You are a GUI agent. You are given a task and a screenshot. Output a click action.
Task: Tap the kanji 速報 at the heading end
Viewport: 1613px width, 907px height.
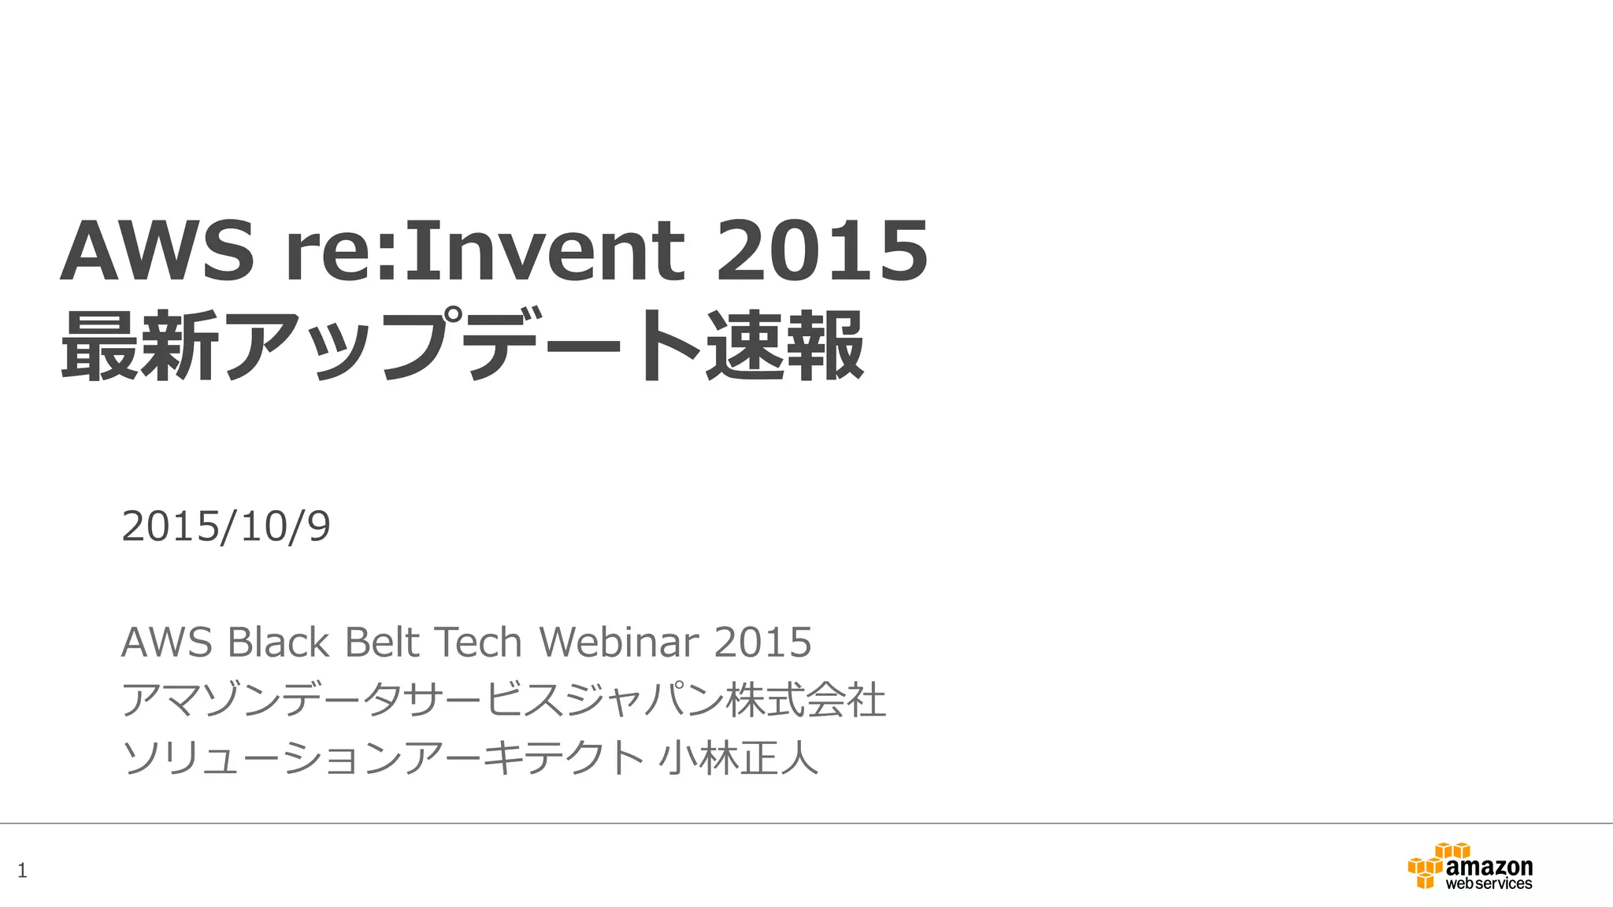[784, 346]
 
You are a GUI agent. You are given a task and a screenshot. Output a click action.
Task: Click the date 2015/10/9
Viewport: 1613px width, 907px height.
[226, 526]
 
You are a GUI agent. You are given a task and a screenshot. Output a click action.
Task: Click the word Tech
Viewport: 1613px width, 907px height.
[478, 642]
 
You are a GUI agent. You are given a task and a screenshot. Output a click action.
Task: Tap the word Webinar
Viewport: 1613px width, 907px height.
[619, 642]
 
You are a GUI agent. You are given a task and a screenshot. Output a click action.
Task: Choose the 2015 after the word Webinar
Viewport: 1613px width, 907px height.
[762, 642]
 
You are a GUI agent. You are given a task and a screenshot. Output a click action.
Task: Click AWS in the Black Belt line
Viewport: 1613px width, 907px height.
[166, 642]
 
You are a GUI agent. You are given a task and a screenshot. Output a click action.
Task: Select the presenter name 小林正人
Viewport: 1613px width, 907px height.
[738, 757]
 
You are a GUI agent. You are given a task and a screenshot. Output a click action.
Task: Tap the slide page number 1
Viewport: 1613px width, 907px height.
[22, 871]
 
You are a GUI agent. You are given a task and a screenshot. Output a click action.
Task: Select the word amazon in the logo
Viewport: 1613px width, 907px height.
[1489, 866]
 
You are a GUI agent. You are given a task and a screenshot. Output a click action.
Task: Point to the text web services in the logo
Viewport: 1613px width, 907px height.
[1489, 884]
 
